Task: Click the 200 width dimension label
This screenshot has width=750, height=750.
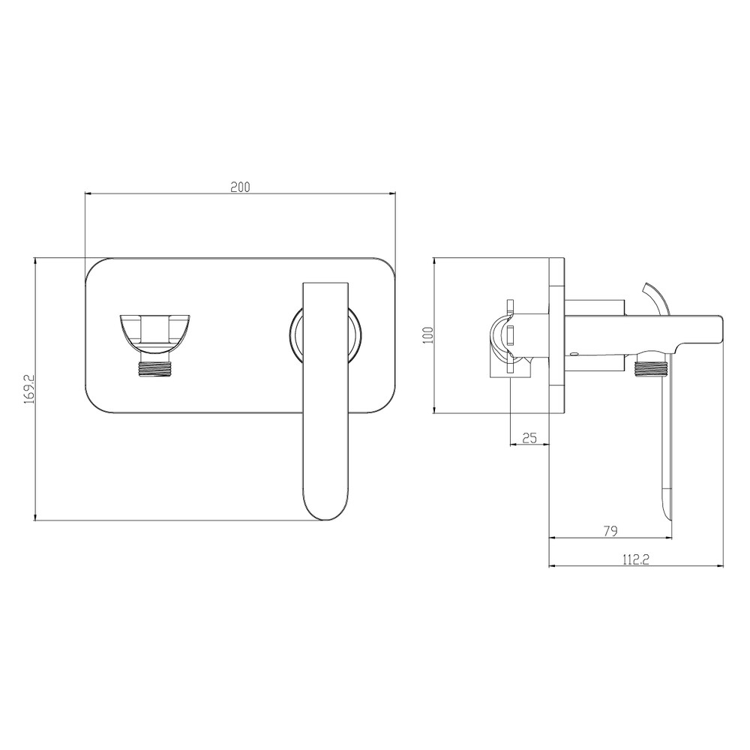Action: (240, 187)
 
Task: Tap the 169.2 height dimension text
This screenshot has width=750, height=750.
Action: (29, 389)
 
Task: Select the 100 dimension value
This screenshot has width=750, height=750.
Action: (428, 334)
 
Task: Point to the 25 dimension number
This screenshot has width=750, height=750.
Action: (529, 437)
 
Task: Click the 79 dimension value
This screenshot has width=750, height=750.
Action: (610, 530)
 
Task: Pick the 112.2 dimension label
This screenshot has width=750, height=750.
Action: (636, 559)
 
